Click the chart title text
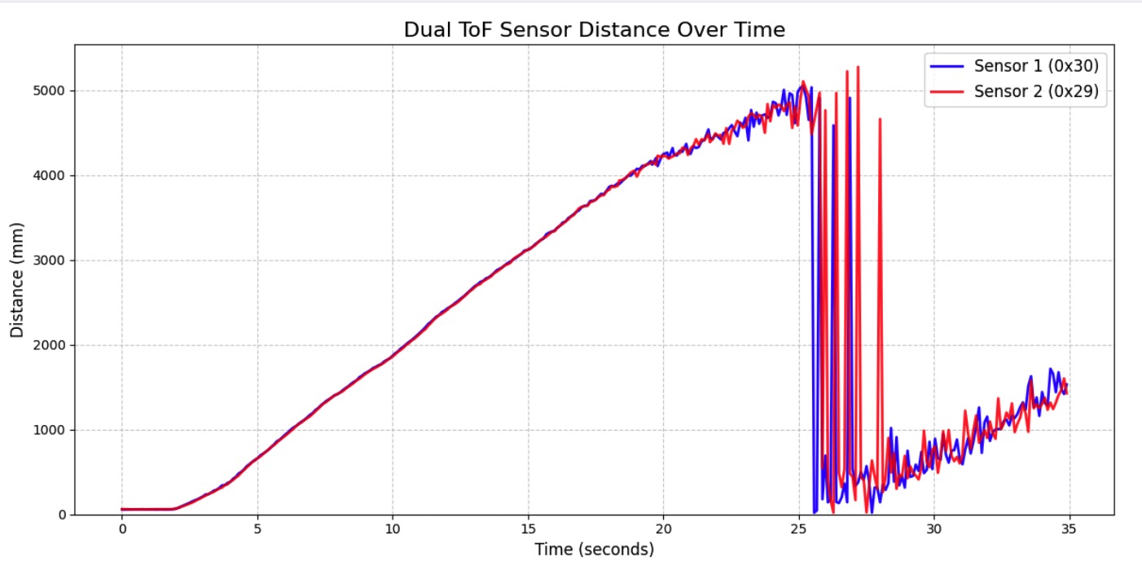pyautogui.click(x=594, y=30)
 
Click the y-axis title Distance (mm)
pyautogui.click(x=17, y=279)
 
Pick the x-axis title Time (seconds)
pyautogui.click(x=594, y=550)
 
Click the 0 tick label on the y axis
pyautogui.click(x=62, y=515)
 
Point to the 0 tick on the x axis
pyautogui.click(x=122, y=528)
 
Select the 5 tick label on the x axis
pyautogui.click(x=257, y=528)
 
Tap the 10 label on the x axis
pyautogui.click(x=393, y=528)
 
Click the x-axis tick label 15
pyautogui.click(x=528, y=528)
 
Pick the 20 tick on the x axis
pyautogui.click(x=663, y=528)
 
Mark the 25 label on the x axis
pyautogui.click(x=798, y=528)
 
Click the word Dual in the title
pyautogui.click(x=424, y=30)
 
